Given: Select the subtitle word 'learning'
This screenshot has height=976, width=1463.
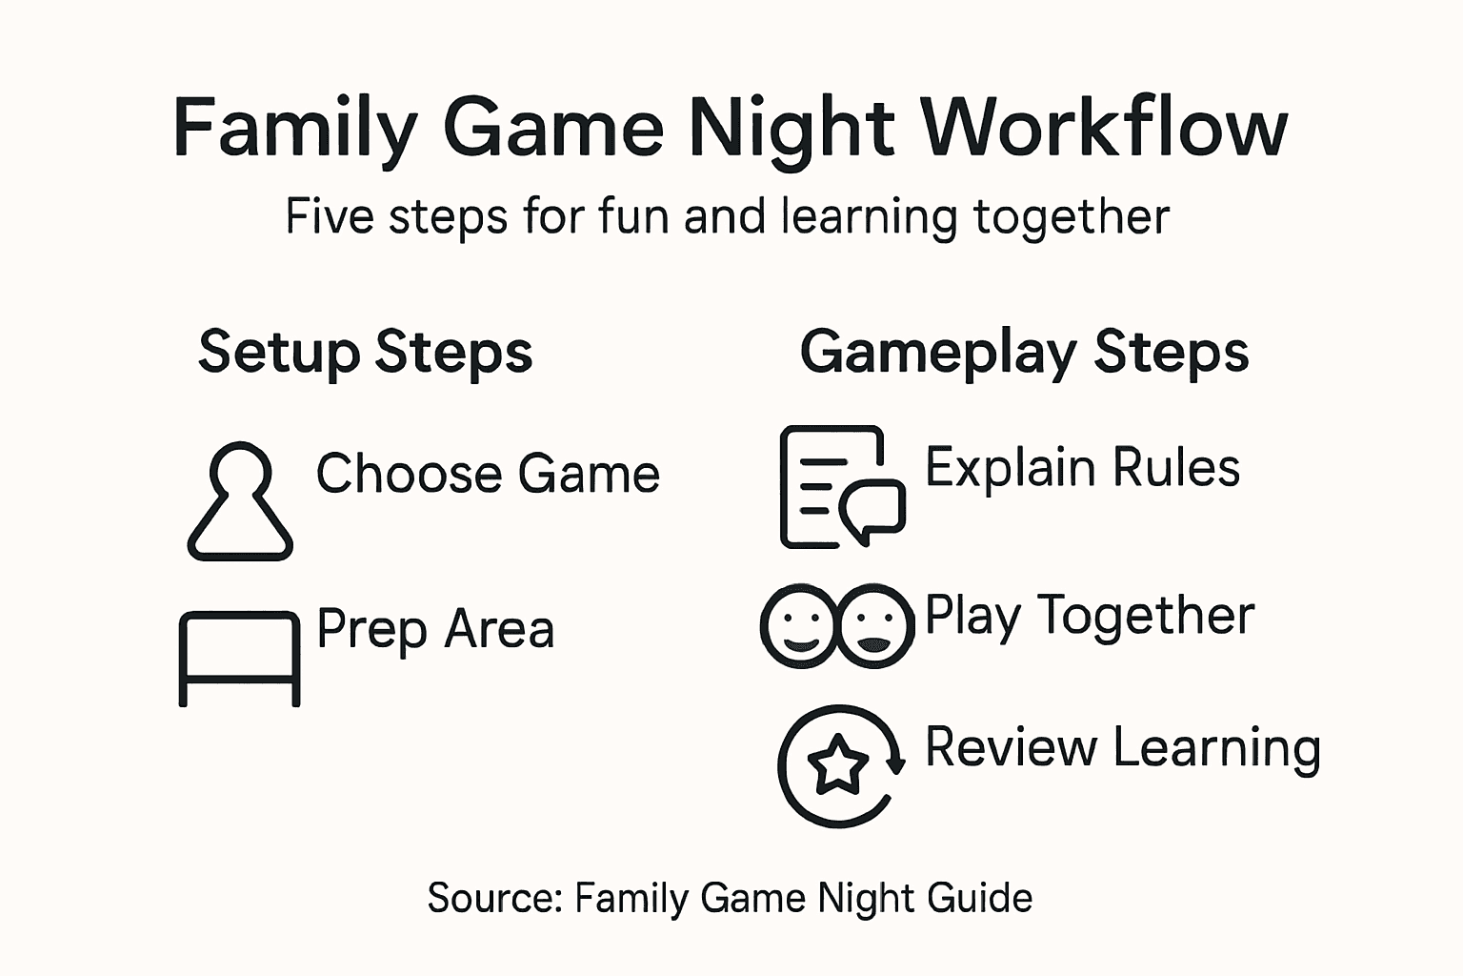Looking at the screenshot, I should click(x=868, y=217).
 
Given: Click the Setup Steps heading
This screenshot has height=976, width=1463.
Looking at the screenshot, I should click(x=365, y=352).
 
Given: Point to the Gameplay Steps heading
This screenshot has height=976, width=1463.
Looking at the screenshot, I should click(x=1024, y=352).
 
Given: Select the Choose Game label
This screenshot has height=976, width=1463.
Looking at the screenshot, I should click(x=488, y=474).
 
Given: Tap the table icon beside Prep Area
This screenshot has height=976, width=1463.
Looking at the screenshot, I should click(x=239, y=658).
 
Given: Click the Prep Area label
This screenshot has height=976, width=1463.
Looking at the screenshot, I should click(x=435, y=629).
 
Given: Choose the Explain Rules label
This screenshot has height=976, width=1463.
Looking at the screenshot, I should click(x=1082, y=468).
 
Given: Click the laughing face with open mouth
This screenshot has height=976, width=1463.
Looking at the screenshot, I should click(x=875, y=625).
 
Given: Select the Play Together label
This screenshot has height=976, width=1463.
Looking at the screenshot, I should click(x=1090, y=616).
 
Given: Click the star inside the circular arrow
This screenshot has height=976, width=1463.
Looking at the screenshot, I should click(x=838, y=763).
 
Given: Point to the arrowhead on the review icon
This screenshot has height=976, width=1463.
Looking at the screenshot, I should click(x=894, y=762).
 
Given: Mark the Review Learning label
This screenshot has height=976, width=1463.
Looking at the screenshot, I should click(x=1122, y=747).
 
